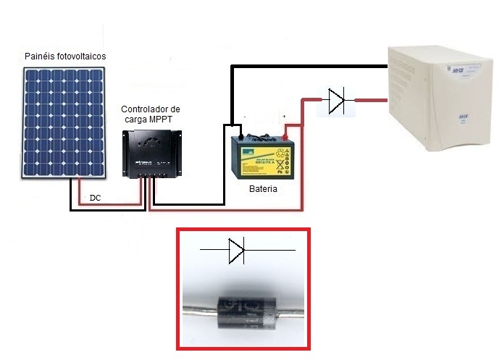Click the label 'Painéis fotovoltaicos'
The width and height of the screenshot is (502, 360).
click(65, 56)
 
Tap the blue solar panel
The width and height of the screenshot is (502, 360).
click(65, 122)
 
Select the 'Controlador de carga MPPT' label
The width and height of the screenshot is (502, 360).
click(151, 114)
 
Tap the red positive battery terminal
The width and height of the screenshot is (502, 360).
click(286, 136)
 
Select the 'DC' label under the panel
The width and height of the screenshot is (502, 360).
click(95, 198)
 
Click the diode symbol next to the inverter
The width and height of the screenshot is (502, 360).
click(335, 101)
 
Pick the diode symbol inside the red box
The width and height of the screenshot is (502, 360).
click(238, 251)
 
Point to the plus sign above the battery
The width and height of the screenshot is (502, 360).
click(285, 116)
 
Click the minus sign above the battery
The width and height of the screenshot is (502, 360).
click(245, 116)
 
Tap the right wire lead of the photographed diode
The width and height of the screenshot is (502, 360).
click(293, 319)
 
